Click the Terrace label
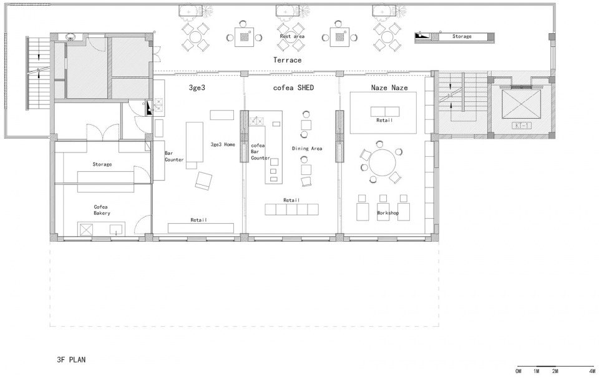coord(287,60)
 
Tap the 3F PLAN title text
coord(71,360)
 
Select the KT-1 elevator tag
coord(521,125)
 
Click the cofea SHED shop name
coord(293,87)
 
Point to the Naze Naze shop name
coord(389,87)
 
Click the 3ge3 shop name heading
coord(197,87)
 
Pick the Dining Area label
coord(307,149)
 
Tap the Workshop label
coord(387,212)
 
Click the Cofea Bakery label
coord(102,210)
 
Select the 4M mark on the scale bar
coord(592,371)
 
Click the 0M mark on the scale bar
coord(519,371)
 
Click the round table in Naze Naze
coord(382,162)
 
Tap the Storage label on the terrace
coord(462,36)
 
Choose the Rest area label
coord(292,36)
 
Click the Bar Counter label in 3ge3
coord(174,156)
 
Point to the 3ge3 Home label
coord(223,144)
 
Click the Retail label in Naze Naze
coord(384,120)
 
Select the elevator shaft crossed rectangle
coord(522,105)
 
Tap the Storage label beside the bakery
coord(102,164)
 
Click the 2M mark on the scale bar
coord(555,371)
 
